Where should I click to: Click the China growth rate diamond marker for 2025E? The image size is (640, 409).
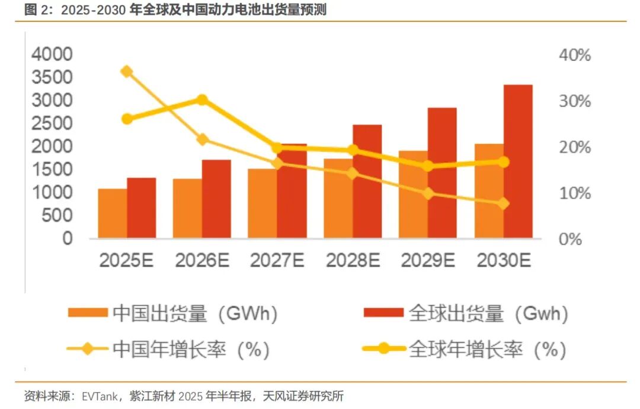(x=127, y=72)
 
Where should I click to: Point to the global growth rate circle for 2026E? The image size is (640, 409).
(x=202, y=100)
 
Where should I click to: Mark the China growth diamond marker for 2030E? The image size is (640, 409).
(x=503, y=204)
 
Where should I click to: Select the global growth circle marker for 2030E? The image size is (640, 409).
(x=503, y=162)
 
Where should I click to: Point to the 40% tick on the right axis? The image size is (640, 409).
(x=574, y=56)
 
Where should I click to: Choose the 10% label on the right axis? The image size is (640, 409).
(x=574, y=194)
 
